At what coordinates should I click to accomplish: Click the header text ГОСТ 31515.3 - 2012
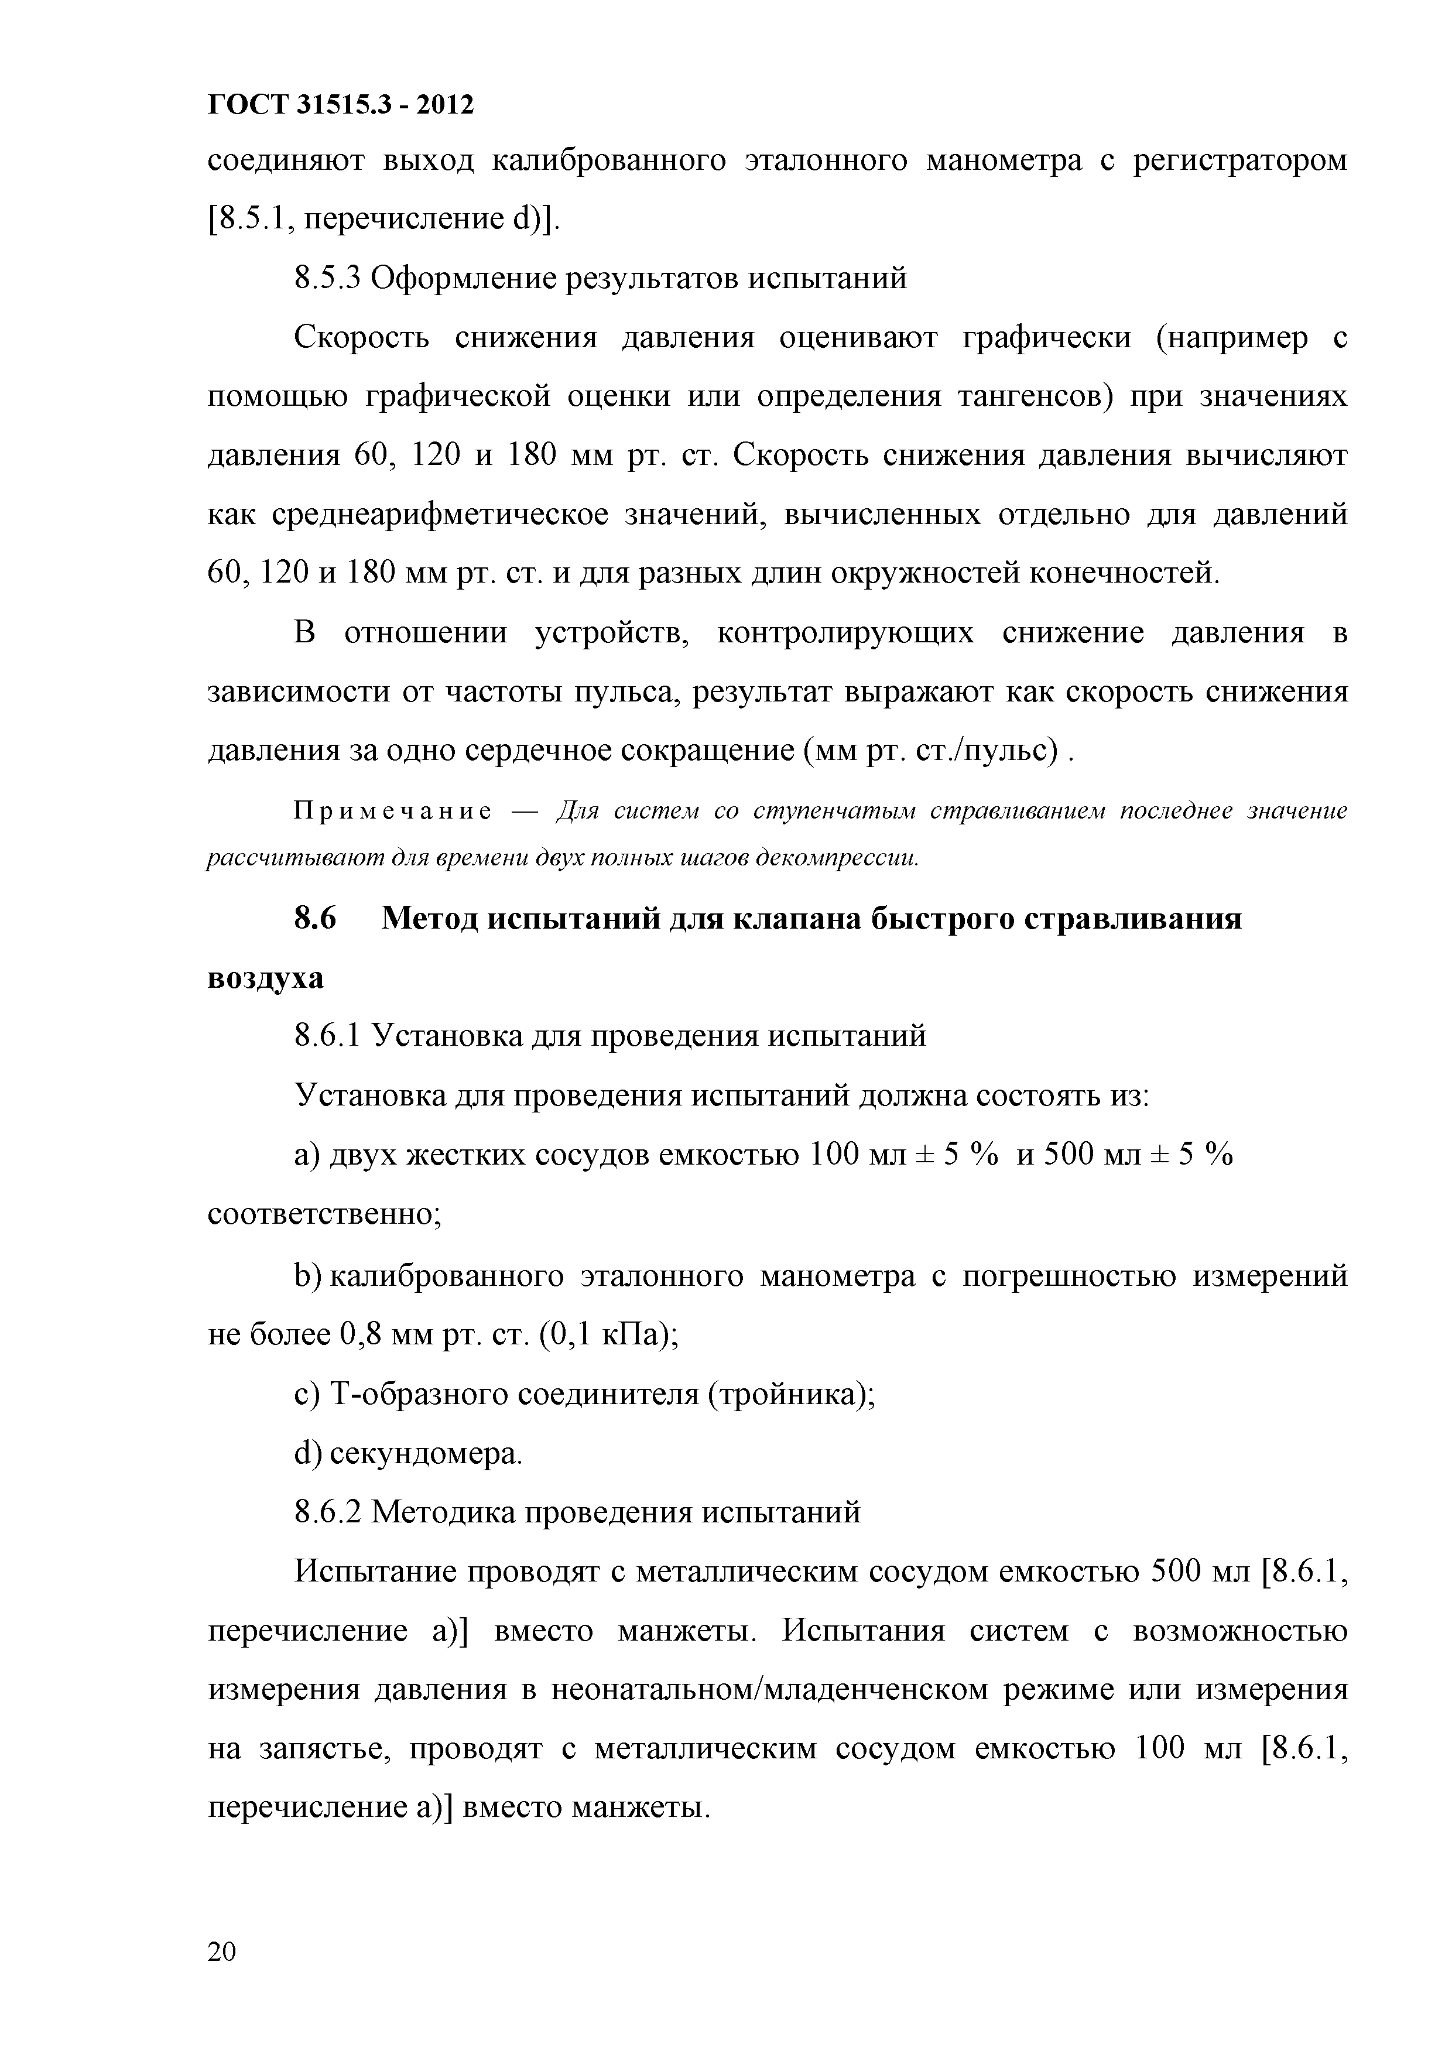340,105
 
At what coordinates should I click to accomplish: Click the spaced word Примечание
393,812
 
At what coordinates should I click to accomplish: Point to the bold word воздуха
266,978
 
